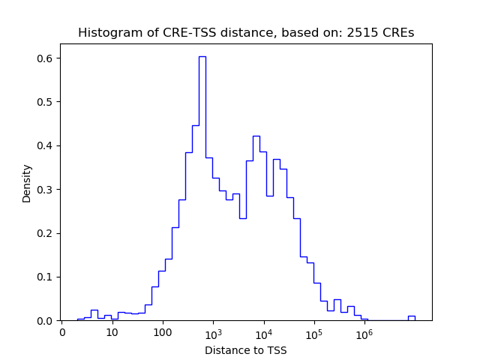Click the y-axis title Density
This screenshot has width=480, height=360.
click(x=27, y=183)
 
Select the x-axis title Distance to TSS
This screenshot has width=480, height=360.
click(x=246, y=350)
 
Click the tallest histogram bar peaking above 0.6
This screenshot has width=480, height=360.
click(x=202, y=187)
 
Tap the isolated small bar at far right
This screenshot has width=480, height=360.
click(x=411, y=318)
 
